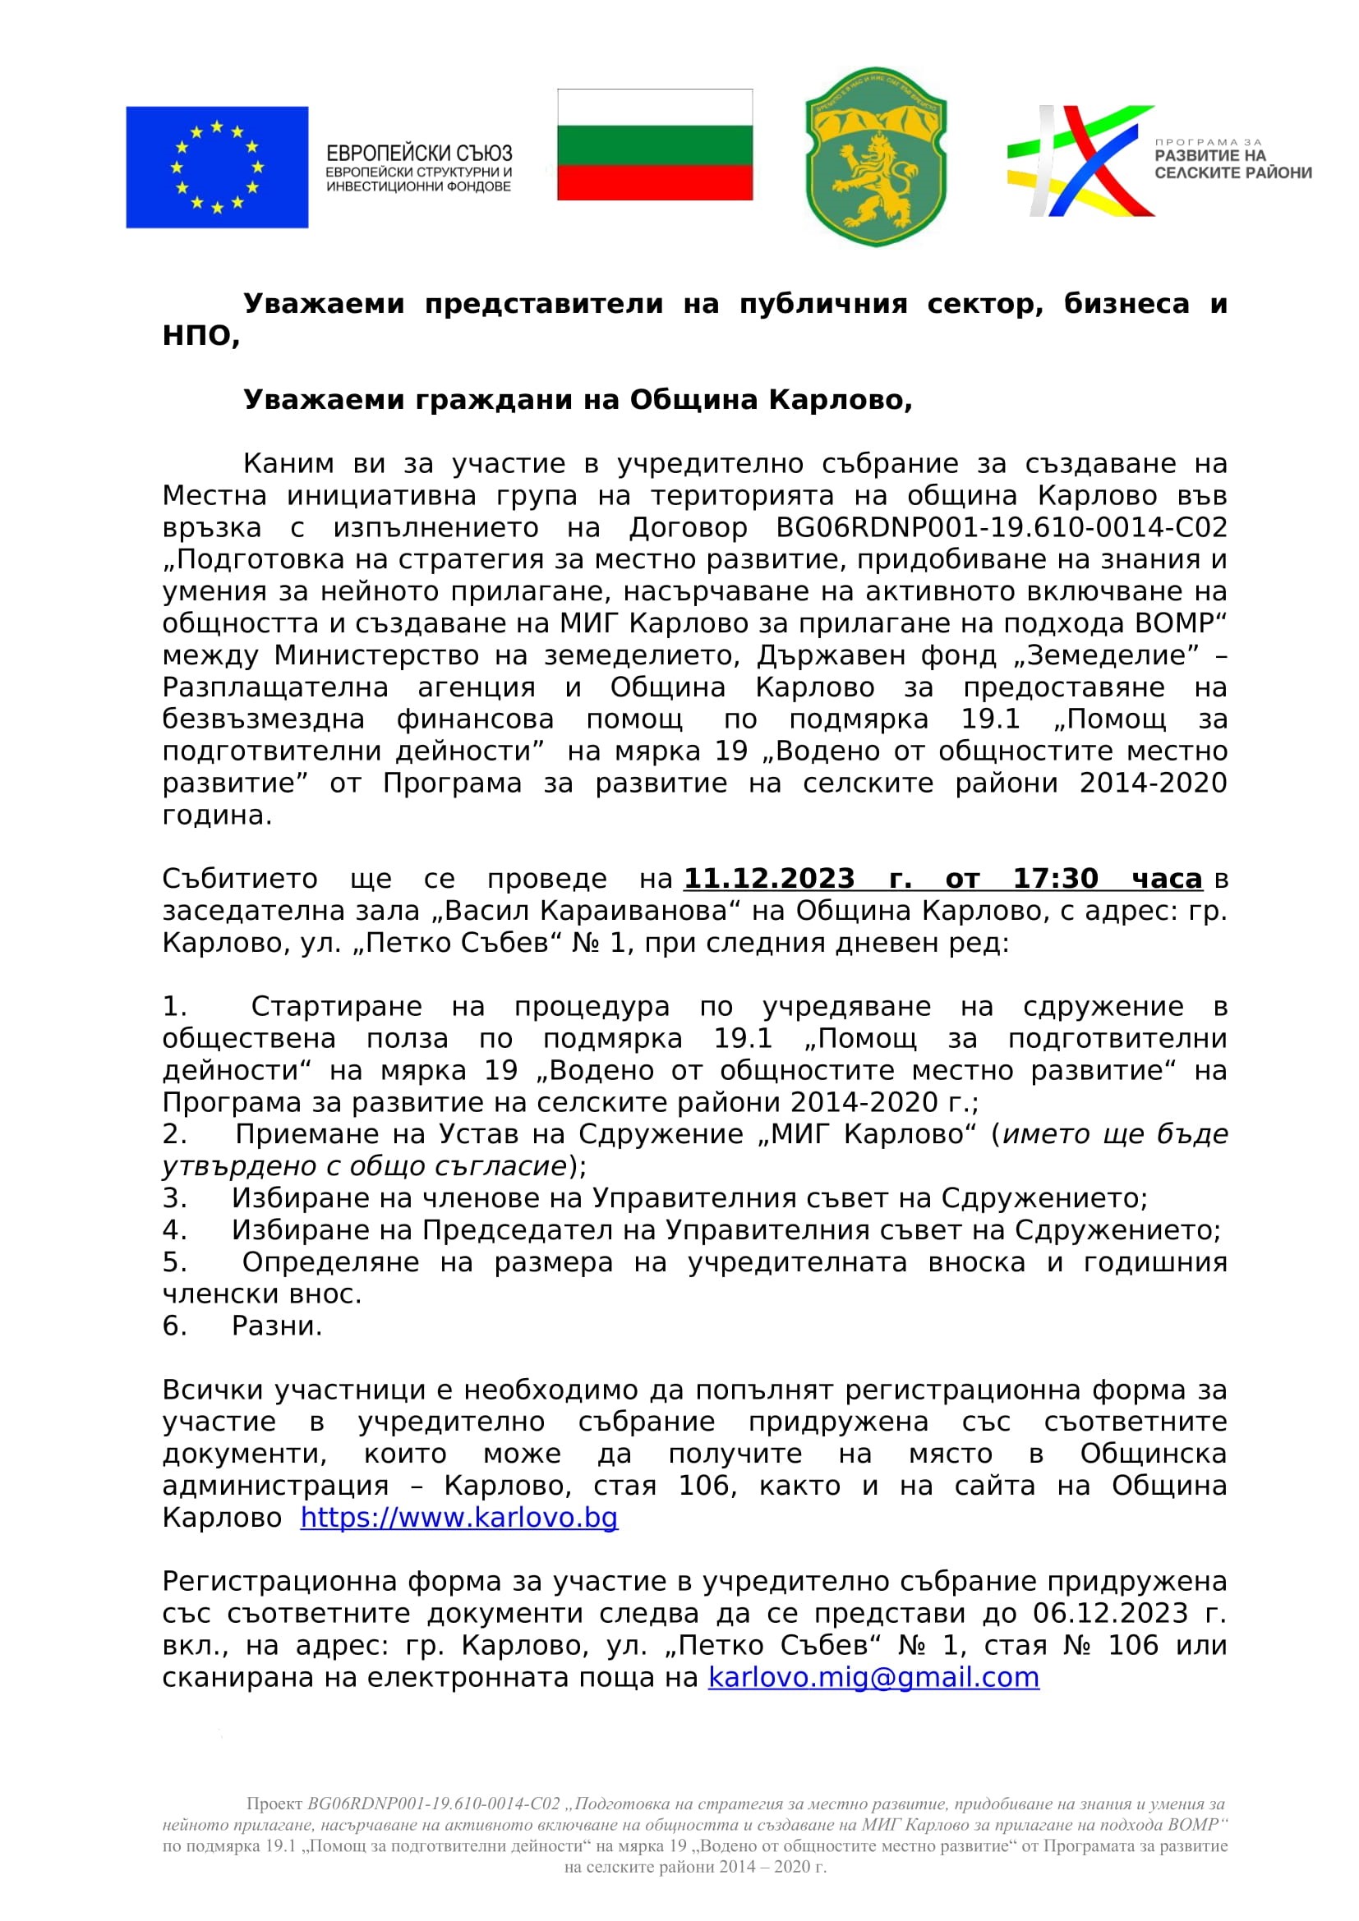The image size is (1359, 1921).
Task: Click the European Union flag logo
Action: coord(217,168)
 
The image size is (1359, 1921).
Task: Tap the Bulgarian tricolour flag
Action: coord(654,145)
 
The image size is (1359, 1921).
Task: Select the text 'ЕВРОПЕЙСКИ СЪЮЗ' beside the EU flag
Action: coord(418,154)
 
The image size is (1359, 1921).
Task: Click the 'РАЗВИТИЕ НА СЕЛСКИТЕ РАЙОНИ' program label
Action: coord(1232,164)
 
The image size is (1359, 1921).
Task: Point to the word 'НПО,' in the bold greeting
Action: coord(200,336)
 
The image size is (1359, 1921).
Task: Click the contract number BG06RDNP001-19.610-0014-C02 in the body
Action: coord(1002,528)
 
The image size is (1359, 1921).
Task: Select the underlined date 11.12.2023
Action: coord(769,879)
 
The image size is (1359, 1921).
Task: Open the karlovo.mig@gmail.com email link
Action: coord(873,1678)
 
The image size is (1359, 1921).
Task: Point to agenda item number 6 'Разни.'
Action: coord(276,1326)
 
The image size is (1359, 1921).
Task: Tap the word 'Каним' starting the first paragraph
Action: coord(288,463)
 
